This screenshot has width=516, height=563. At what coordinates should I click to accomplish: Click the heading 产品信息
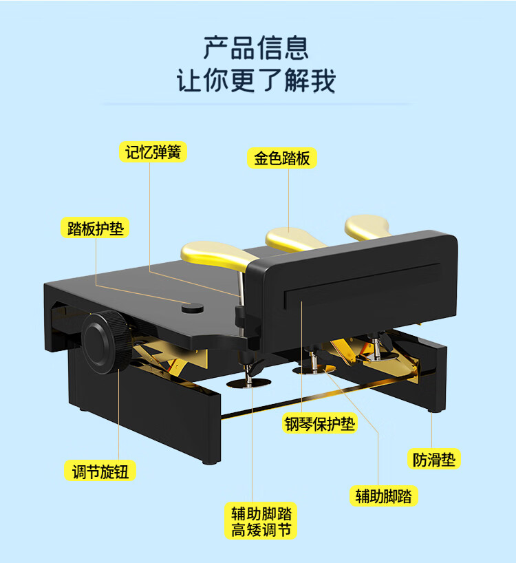click(x=256, y=48)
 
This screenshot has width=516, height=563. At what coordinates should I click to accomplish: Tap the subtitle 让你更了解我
click(x=256, y=80)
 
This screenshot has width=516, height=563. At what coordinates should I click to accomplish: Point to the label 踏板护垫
click(x=96, y=229)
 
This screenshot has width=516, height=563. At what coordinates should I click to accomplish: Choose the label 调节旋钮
click(x=100, y=471)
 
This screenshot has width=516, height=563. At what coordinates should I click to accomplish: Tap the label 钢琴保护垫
click(x=321, y=423)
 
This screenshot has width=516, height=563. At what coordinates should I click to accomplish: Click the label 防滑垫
click(x=433, y=458)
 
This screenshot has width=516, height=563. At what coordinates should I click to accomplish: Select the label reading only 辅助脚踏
click(x=383, y=496)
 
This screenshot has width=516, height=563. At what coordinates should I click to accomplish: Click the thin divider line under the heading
click(x=256, y=104)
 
